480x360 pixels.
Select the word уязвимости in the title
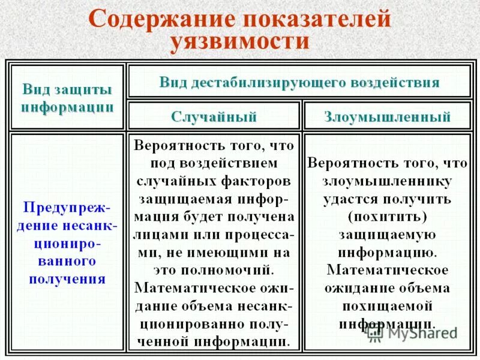pyautogui.click(x=240, y=42)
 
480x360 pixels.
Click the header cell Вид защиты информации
pyautogui.click(x=67, y=98)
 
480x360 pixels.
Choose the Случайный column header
pyautogui.click(x=214, y=116)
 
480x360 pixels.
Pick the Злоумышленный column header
pyautogui.click(x=388, y=116)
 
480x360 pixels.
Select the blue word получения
pyautogui.click(x=68, y=279)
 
